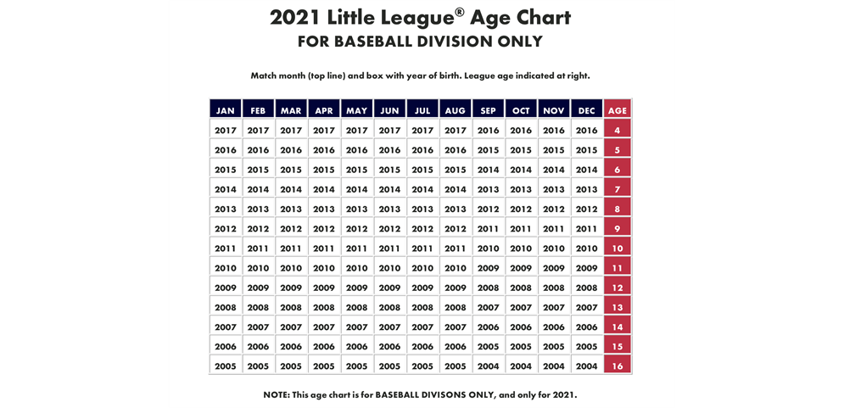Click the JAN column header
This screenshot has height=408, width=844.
[226, 110]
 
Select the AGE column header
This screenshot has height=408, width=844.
[618, 110]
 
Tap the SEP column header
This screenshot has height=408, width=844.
[489, 110]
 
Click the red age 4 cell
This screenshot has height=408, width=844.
[618, 131]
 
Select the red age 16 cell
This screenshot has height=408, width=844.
[618, 366]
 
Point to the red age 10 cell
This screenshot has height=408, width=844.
[618, 249]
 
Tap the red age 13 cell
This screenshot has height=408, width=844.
[618, 307]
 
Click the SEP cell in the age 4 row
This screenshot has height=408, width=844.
[489, 131]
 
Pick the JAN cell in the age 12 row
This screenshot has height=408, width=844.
[226, 288]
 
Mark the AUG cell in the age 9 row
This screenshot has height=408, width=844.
[456, 229]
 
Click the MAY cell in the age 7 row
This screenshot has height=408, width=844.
[357, 189]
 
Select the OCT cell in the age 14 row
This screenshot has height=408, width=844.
[521, 327]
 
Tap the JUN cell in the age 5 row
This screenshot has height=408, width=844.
[390, 150]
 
